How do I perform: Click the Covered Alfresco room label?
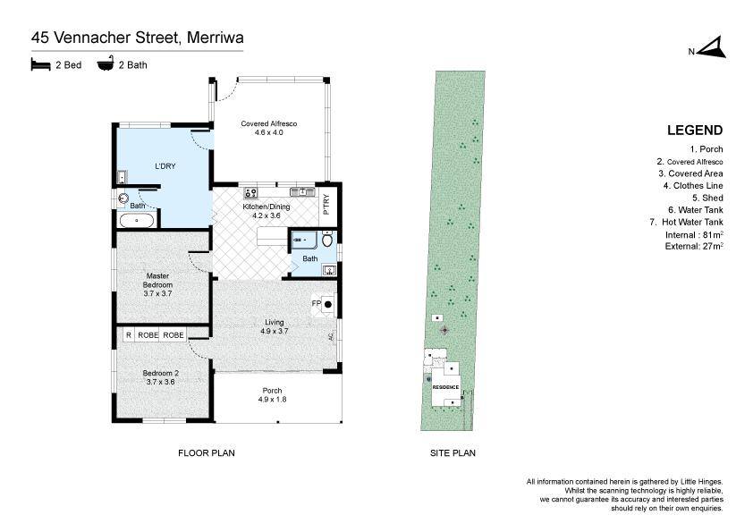coord(269,128)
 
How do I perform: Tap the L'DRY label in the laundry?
coord(165,166)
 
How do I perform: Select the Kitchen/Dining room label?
coord(266,211)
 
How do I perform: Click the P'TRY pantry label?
coord(326,204)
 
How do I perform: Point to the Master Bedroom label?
coord(157,284)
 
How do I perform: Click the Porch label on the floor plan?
coord(272,394)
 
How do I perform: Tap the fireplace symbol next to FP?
coord(328,304)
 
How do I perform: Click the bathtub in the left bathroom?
coord(137,221)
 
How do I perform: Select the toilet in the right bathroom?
coord(327,239)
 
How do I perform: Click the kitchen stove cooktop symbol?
coord(250,192)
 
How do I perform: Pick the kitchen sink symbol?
coord(302,192)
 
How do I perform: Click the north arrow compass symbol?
coord(712,48)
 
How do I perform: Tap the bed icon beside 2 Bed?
coord(41,64)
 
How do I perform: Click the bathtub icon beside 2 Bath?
coord(106,63)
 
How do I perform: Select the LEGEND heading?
coord(695,131)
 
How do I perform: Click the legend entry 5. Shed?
coord(707,198)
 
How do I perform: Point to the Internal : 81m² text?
coord(694,235)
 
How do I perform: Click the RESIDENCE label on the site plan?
coord(445,387)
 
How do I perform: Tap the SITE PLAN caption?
coord(453,452)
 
